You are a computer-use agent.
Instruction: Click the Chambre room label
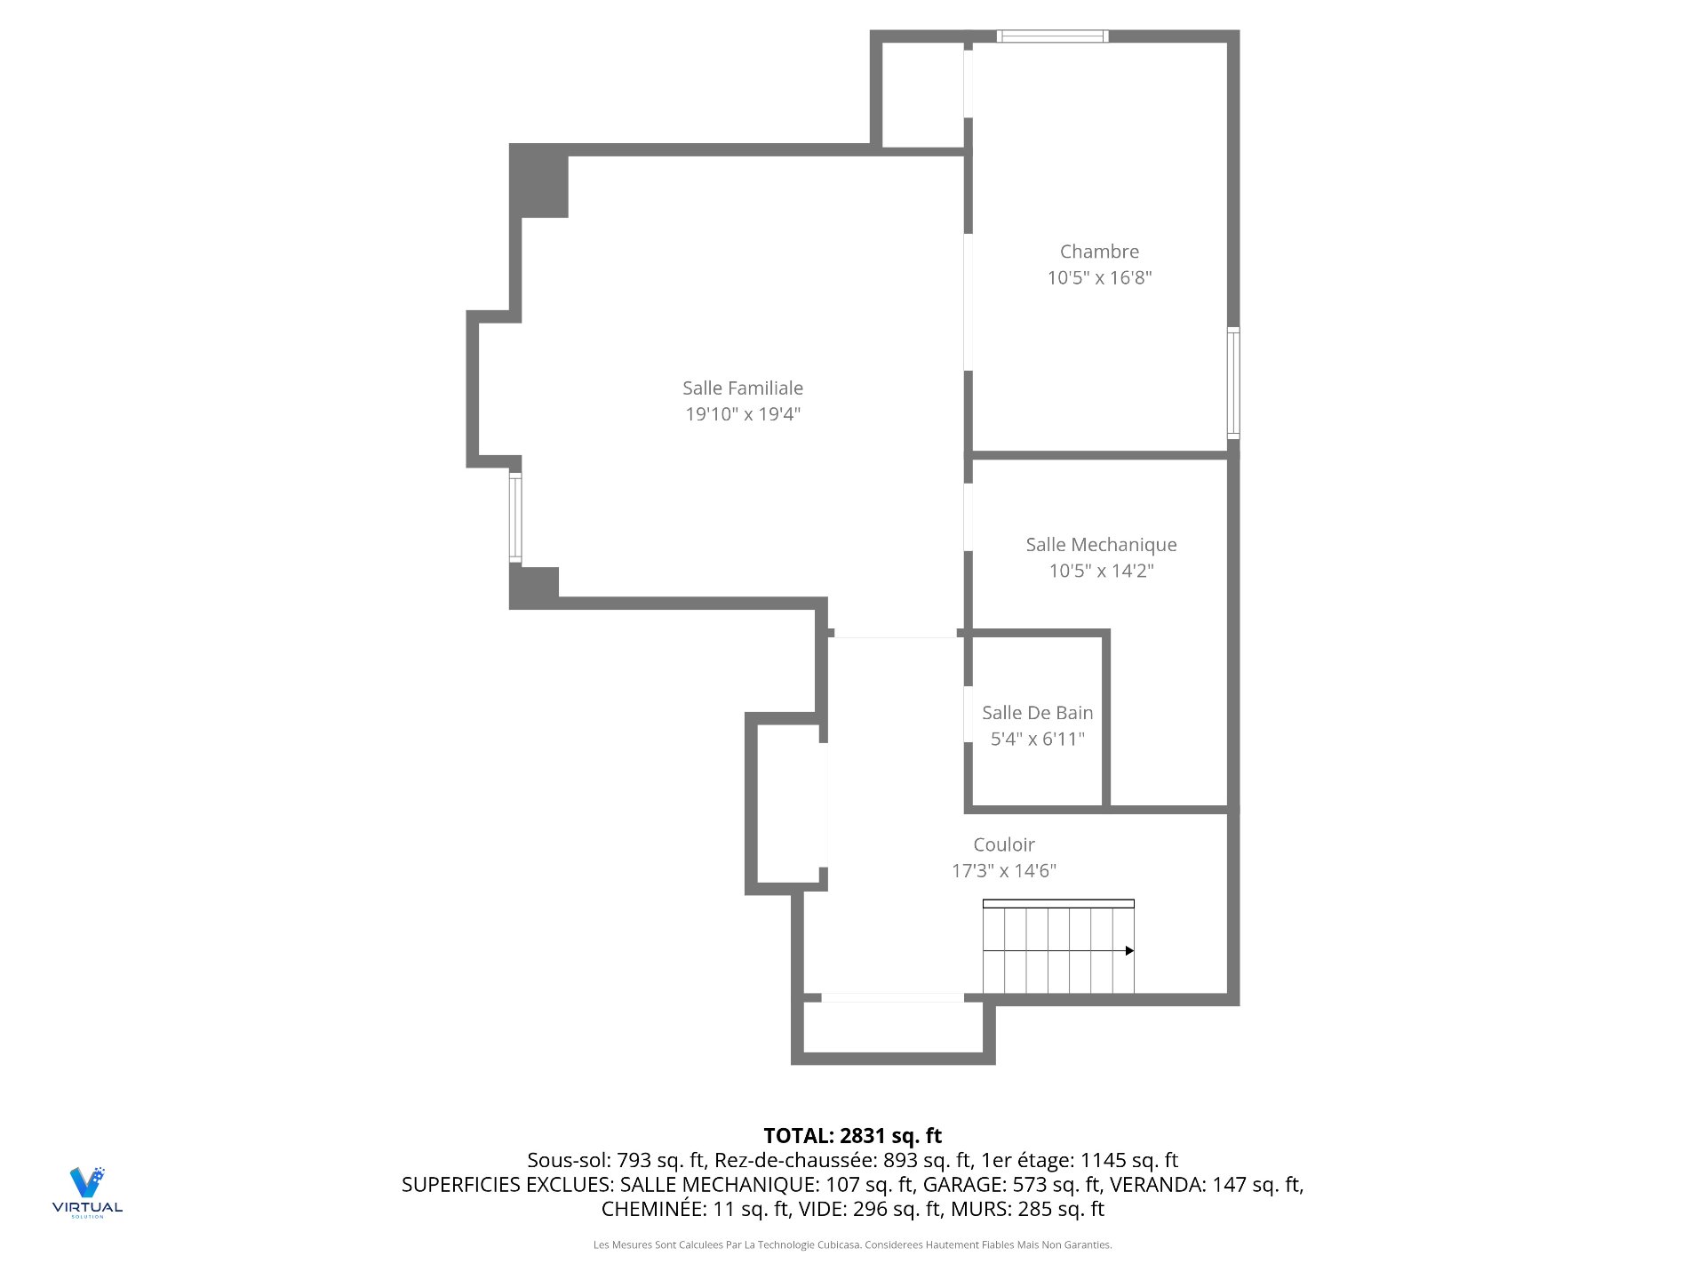coord(1099,252)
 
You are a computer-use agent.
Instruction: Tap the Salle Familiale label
coord(743,388)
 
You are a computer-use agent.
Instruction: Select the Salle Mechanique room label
coord(1101,545)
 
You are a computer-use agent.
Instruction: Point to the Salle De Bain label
coord(1037,713)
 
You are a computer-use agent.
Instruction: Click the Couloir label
coord(1004,844)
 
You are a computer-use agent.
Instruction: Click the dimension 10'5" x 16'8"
coord(1099,278)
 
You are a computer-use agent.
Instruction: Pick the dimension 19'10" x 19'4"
coord(743,414)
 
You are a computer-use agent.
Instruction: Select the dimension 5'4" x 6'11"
coord(1037,739)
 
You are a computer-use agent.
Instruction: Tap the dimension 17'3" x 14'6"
coord(1004,871)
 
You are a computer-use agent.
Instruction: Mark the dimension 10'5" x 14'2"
coord(1101,571)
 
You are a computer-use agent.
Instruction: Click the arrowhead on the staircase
coord(1129,951)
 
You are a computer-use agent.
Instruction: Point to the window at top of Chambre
coord(1052,36)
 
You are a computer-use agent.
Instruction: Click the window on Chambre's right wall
coord(1233,383)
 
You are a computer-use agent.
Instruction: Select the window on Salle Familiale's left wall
coord(515,517)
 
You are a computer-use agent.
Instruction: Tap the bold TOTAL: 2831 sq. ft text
coord(852,1136)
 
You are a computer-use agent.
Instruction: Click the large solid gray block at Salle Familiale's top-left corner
coord(539,181)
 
